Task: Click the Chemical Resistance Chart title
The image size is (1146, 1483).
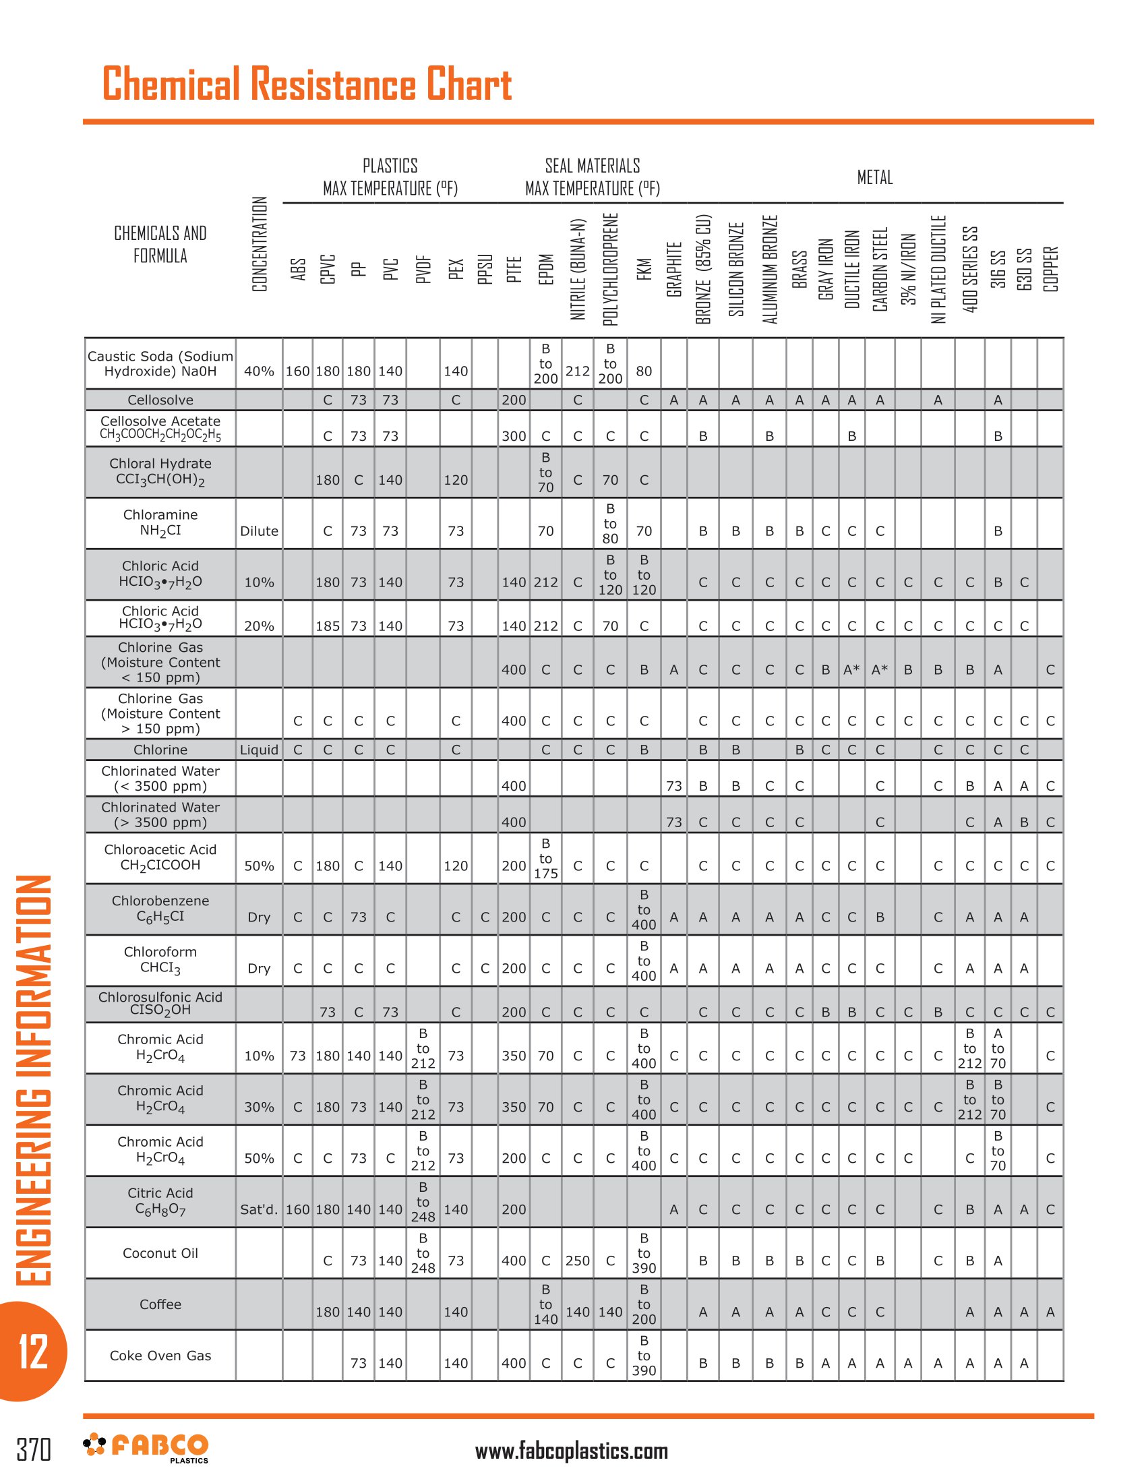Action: pyautogui.click(x=307, y=84)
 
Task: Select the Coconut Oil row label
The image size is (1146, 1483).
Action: pyautogui.click(x=160, y=1253)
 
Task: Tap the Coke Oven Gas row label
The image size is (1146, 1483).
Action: pyautogui.click(x=160, y=1356)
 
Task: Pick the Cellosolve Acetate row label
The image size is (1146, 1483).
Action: pyautogui.click(x=160, y=428)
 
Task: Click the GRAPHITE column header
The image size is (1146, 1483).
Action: pyautogui.click(x=673, y=269)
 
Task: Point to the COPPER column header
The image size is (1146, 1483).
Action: pyautogui.click(x=1050, y=269)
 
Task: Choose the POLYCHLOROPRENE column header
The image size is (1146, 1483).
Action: pyautogui.click(x=610, y=269)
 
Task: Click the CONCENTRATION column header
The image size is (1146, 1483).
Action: pyautogui.click(x=260, y=245)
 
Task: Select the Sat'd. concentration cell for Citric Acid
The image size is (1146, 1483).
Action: pyautogui.click(x=260, y=1209)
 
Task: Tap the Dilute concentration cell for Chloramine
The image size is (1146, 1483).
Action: pyautogui.click(x=260, y=531)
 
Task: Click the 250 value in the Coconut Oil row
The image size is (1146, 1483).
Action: pyautogui.click(x=577, y=1261)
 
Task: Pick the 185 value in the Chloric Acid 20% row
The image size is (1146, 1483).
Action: pyautogui.click(x=327, y=626)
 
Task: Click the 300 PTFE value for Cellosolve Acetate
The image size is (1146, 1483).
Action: pyautogui.click(x=514, y=436)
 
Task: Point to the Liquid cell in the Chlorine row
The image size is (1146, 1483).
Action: pyautogui.click(x=260, y=750)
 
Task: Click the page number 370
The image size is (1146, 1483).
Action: pyautogui.click(x=33, y=1449)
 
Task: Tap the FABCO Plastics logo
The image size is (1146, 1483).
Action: pyautogui.click(x=146, y=1447)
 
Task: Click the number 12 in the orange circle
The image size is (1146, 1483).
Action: pyautogui.click(x=32, y=1352)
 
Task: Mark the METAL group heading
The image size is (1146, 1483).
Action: pyautogui.click(x=874, y=178)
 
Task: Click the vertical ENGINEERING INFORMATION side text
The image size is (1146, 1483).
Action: pyautogui.click(x=32, y=1080)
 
